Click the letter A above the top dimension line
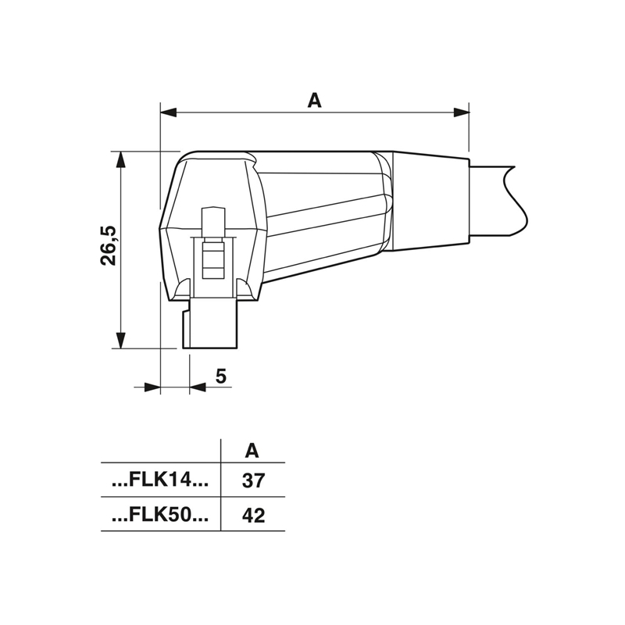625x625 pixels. [314, 101]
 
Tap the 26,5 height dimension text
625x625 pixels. [108, 245]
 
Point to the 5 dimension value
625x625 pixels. [221, 376]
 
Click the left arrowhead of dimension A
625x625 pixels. [168, 112]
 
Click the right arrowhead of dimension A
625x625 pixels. [461, 112]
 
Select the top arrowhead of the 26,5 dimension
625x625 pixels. [120, 159]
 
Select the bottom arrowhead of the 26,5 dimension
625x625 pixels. [120, 340]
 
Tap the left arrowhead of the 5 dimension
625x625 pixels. [152, 387]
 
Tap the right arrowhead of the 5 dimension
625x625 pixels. [198, 387]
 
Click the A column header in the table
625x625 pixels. [252, 451]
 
